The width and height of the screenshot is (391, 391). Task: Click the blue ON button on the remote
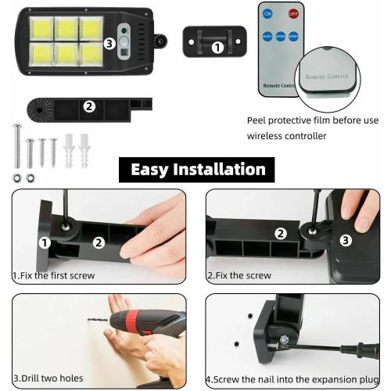[268, 14]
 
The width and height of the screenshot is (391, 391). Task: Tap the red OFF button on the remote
[293, 14]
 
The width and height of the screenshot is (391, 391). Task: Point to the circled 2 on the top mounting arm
[89, 106]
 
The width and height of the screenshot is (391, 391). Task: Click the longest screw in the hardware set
[16, 145]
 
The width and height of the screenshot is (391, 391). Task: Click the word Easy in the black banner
[150, 170]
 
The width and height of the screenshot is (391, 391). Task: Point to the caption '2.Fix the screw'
[239, 276]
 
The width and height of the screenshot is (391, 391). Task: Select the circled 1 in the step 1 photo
[45, 243]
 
